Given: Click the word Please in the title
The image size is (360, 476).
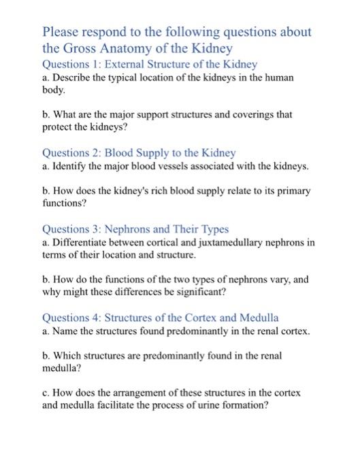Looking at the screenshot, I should tap(62, 32).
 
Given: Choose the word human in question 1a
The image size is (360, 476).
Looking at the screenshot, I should tap(279, 78).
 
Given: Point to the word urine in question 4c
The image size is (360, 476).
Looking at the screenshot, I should tap(197, 405).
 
